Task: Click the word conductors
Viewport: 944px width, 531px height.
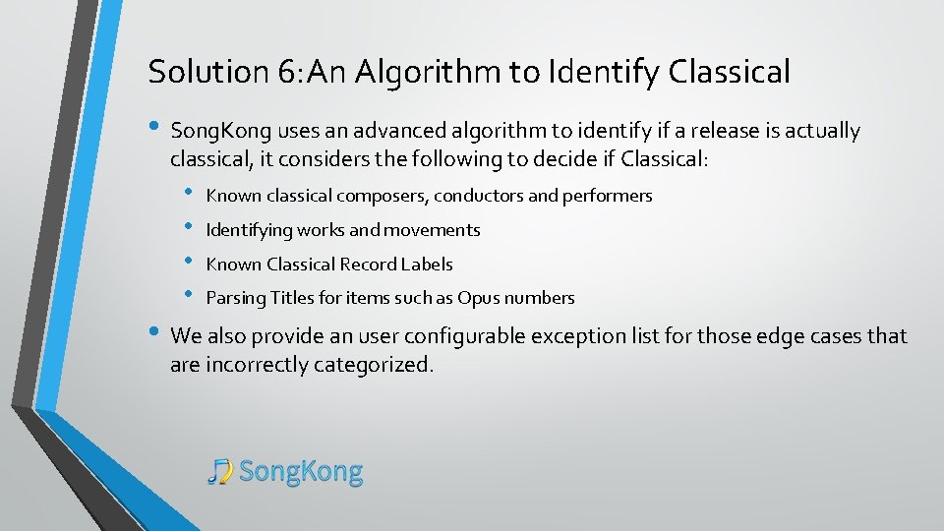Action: pos(478,196)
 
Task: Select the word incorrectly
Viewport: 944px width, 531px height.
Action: pos(258,366)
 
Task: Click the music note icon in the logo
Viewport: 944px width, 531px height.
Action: pos(220,472)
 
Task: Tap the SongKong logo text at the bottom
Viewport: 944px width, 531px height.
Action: pos(301,472)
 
